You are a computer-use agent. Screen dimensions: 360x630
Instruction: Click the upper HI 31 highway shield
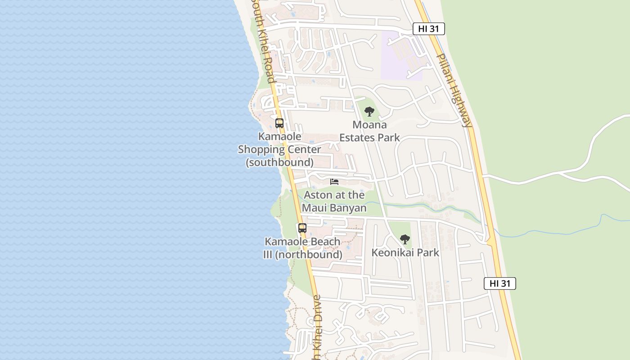(x=429, y=29)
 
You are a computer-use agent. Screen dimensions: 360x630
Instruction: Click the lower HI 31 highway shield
(x=500, y=283)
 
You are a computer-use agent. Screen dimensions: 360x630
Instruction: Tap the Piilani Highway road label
(x=454, y=90)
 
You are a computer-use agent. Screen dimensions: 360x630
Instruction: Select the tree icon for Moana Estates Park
(x=369, y=111)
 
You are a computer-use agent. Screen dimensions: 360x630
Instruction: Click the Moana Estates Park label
(x=369, y=131)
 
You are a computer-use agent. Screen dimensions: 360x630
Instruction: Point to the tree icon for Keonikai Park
(x=405, y=239)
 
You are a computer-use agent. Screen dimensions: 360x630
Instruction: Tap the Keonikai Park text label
(x=405, y=252)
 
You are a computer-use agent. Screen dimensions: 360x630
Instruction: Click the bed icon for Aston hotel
(x=334, y=182)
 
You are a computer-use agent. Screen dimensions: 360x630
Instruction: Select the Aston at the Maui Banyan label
(x=334, y=201)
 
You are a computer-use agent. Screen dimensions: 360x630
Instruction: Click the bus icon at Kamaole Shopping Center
(x=279, y=123)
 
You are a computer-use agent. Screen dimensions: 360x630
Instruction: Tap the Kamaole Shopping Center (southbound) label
(x=279, y=149)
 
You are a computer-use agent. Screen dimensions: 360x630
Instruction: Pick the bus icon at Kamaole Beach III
(x=302, y=228)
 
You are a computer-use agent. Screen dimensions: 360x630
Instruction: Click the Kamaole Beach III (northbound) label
(x=302, y=248)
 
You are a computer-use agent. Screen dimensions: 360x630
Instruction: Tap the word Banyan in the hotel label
(x=347, y=207)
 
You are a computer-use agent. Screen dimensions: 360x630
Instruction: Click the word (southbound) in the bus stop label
(x=279, y=162)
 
